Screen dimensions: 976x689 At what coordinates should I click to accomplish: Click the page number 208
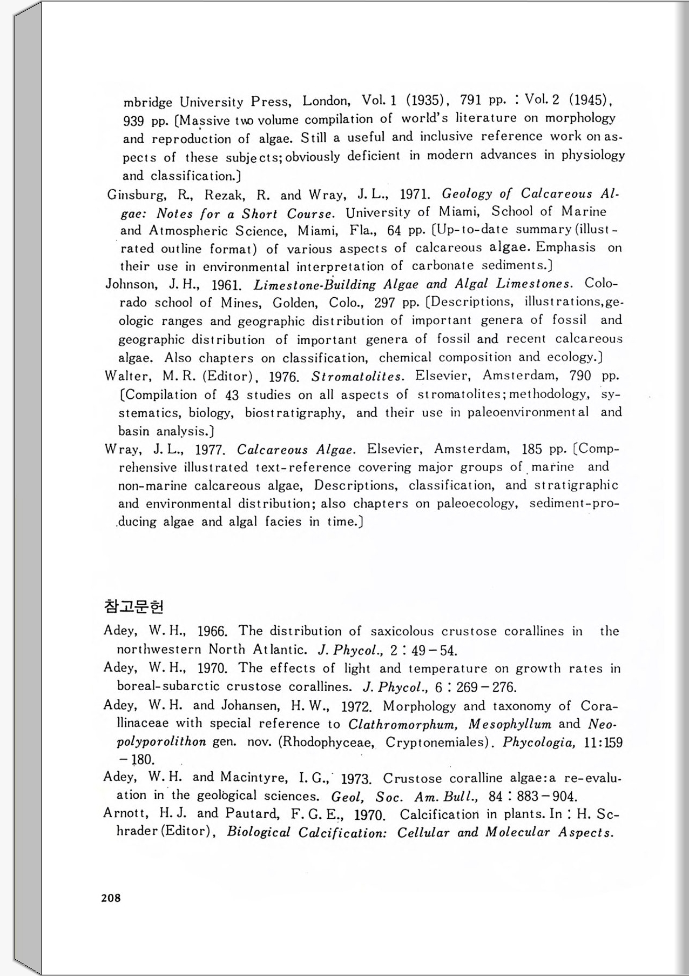pyautogui.click(x=111, y=898)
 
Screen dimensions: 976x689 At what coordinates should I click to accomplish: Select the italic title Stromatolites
pyautogui.click(x=357, y=376)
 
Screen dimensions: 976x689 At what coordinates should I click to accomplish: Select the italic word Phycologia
pyautogui.click(x=538, y=742)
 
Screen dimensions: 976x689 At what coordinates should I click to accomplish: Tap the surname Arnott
pyautogui.click(x=125, y=814)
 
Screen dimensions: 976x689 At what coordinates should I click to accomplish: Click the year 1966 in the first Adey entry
pyautogui.click(x=212, y=631)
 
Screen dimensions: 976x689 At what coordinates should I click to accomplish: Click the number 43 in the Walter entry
pyautogui.click(x=232, y=395)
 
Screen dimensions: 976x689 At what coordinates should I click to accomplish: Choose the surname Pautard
pyautogui.click(x=252, y=814)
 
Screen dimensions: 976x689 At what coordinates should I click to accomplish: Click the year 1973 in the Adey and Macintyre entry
pyautogui.click(x=356, y=779)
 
